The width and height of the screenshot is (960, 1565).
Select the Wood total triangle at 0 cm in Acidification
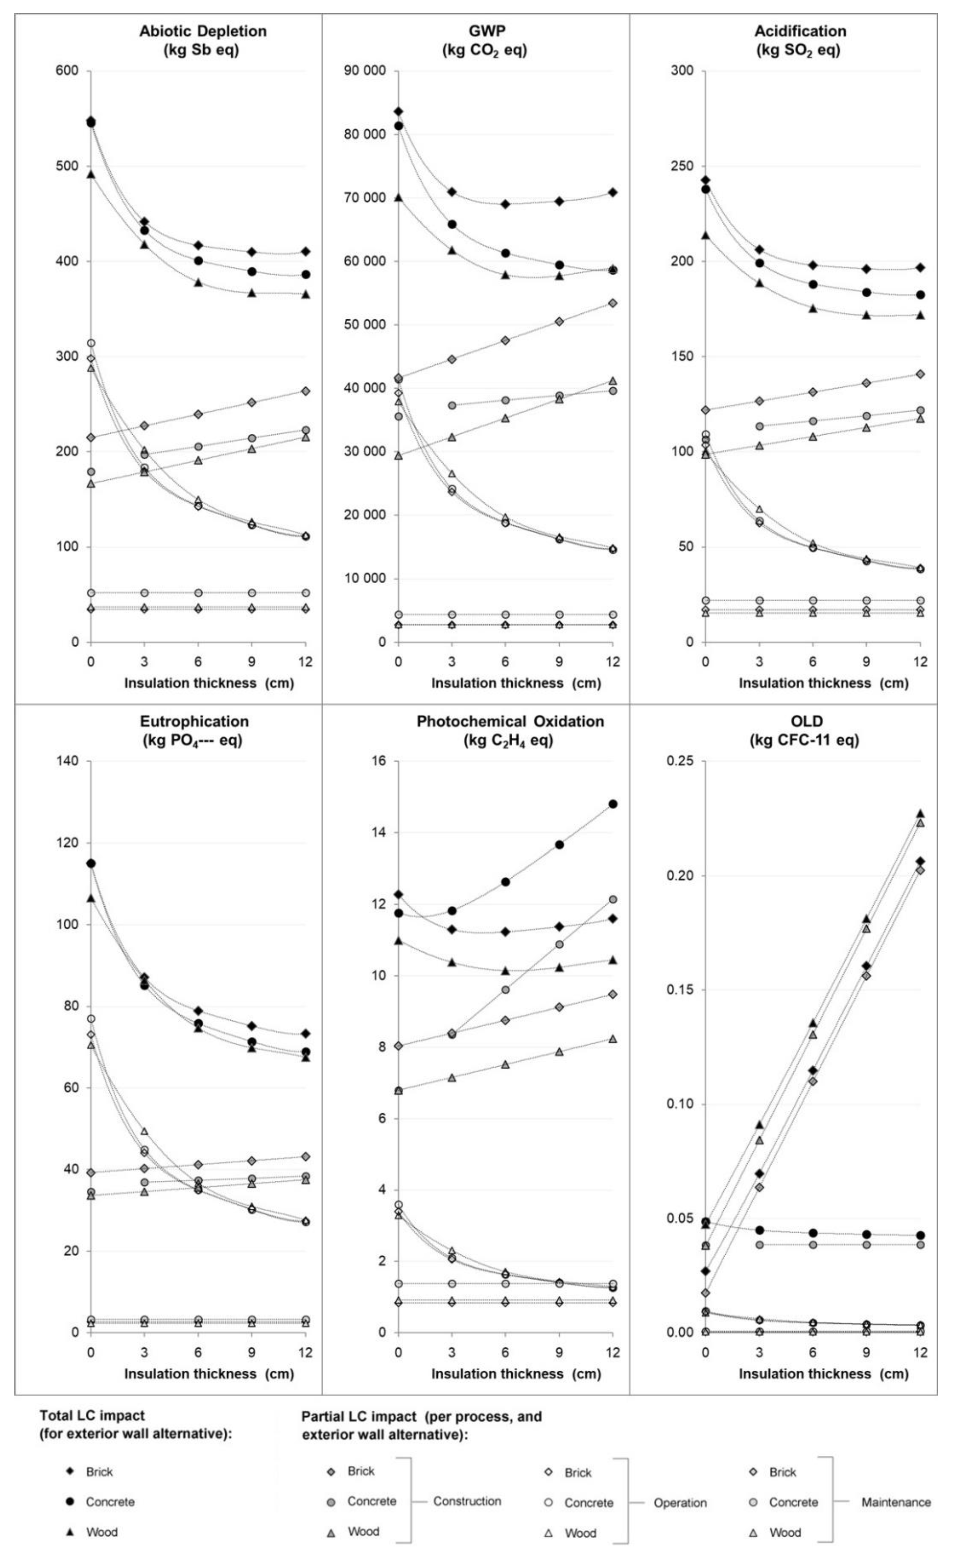click(705, 236)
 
